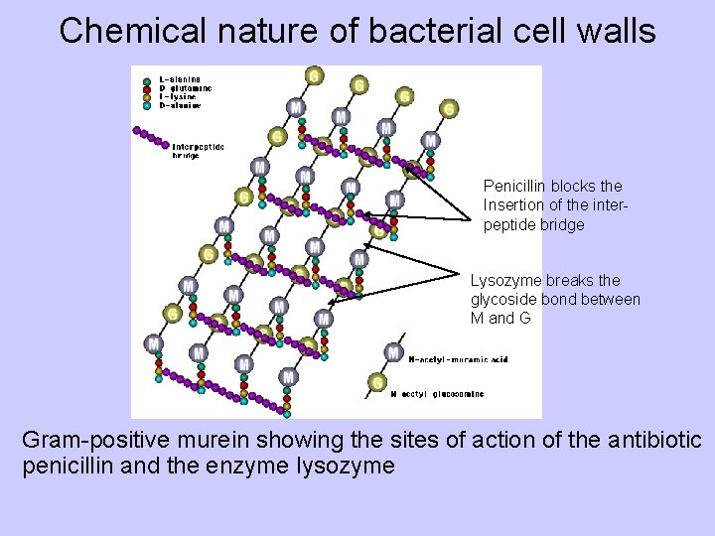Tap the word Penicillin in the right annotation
tap(513, 186)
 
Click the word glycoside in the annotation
tap(501, 299)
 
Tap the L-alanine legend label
tap(180, 78)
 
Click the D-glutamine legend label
tap(182, 87)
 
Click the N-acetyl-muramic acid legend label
tap(458, 358)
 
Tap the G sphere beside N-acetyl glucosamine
tap(377, 382)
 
